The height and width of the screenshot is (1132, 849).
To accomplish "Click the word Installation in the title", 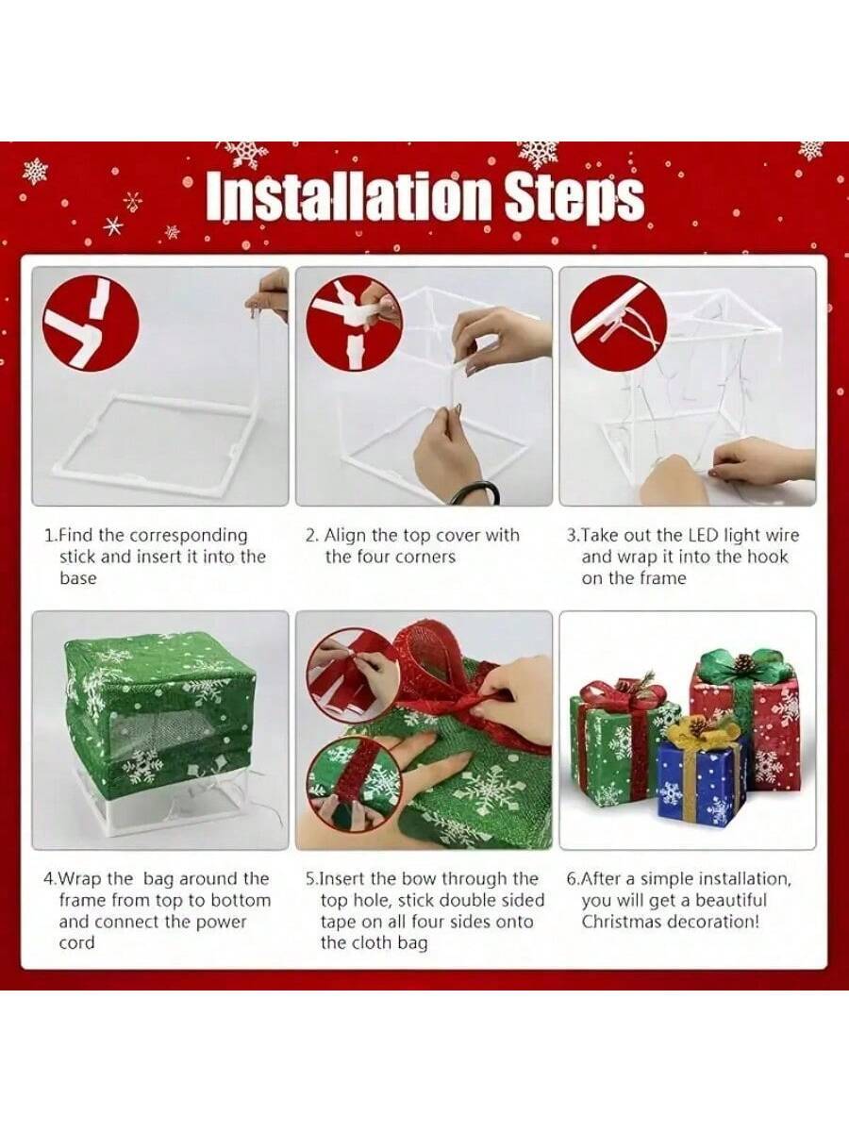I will (x=349, y=196).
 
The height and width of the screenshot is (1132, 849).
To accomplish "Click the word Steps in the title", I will (x=574, y=196).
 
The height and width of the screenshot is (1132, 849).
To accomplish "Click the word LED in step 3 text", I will (x=700, y=536).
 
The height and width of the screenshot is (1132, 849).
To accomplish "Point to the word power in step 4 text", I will (x=217, y=922).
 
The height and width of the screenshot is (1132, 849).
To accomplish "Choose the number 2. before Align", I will (x=311, y=536).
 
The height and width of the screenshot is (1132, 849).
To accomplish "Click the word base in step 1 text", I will (x=77, y=578).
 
